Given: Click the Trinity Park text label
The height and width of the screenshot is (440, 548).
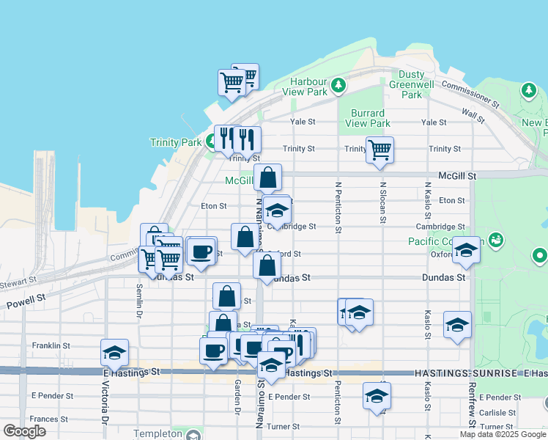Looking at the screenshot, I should click(x=175, y=142).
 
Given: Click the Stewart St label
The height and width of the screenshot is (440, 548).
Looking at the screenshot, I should click(x=18, y=280).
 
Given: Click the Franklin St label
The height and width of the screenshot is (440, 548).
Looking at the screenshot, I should click(x=51, y=345).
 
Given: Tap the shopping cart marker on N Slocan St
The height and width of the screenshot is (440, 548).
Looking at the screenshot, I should click(x=379, y=149).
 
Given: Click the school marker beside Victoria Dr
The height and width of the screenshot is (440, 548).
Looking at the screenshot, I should click(x=115, y=353).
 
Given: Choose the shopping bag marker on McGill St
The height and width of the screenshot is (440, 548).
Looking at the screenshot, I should click(x=268, y=177).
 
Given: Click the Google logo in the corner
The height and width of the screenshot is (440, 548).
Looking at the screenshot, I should click(x=25, y=430).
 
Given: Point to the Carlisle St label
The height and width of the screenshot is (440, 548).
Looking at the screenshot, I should click(x=498, y=413).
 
